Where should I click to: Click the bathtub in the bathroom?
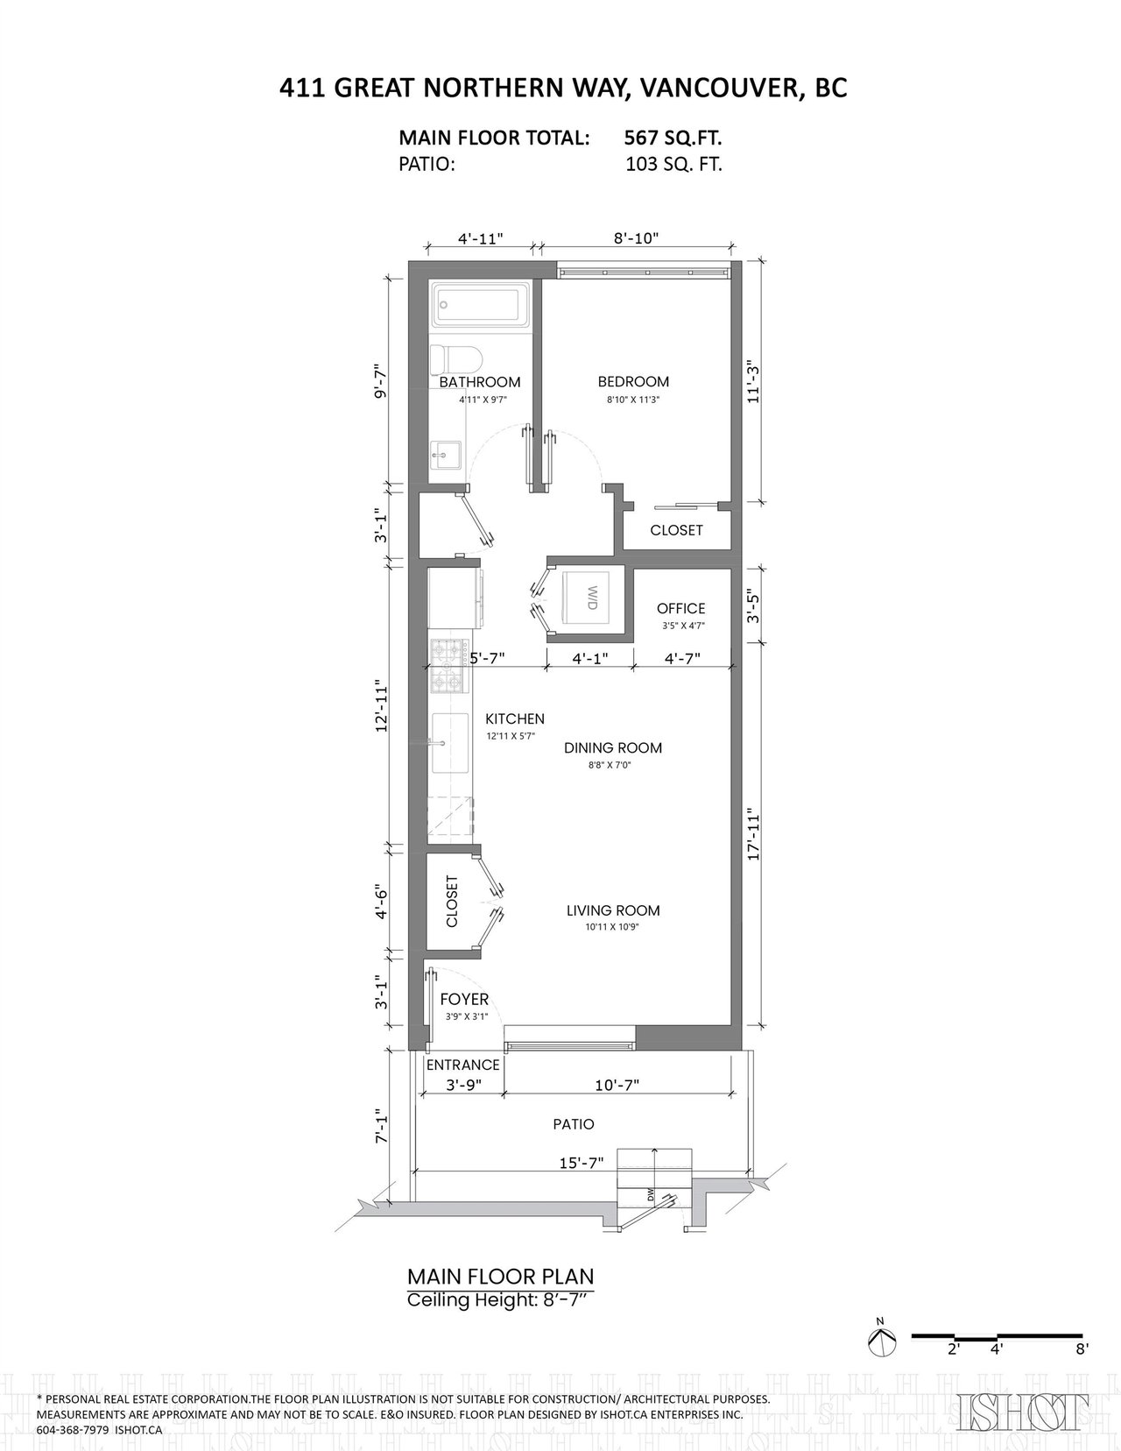pyautogui.click(x=481, y=305)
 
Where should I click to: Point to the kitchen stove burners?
pyautogui.click(x=449, y=665)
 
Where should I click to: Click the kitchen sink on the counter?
pyautogui.click(x=450, y=742)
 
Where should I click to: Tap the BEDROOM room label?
pyautogui.click(x=633, y=381)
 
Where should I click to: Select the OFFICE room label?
pyautogui.click(x=680, y=608)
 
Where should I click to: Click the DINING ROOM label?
pyautogui.click(x=612, y=748)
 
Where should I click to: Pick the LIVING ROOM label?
pyautogui.click(x=613, y=910)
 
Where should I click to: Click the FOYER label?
pyautogui.click(x=464, y=999)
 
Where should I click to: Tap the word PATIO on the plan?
pyautogui.click(x=573, y=1124)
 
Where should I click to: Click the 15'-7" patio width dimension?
pyautogui.click(x=582, y=1162)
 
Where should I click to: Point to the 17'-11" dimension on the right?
pyautogui.click(x=753, y=836)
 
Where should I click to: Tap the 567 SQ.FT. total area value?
pyautogui.click(x=673, y=138)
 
